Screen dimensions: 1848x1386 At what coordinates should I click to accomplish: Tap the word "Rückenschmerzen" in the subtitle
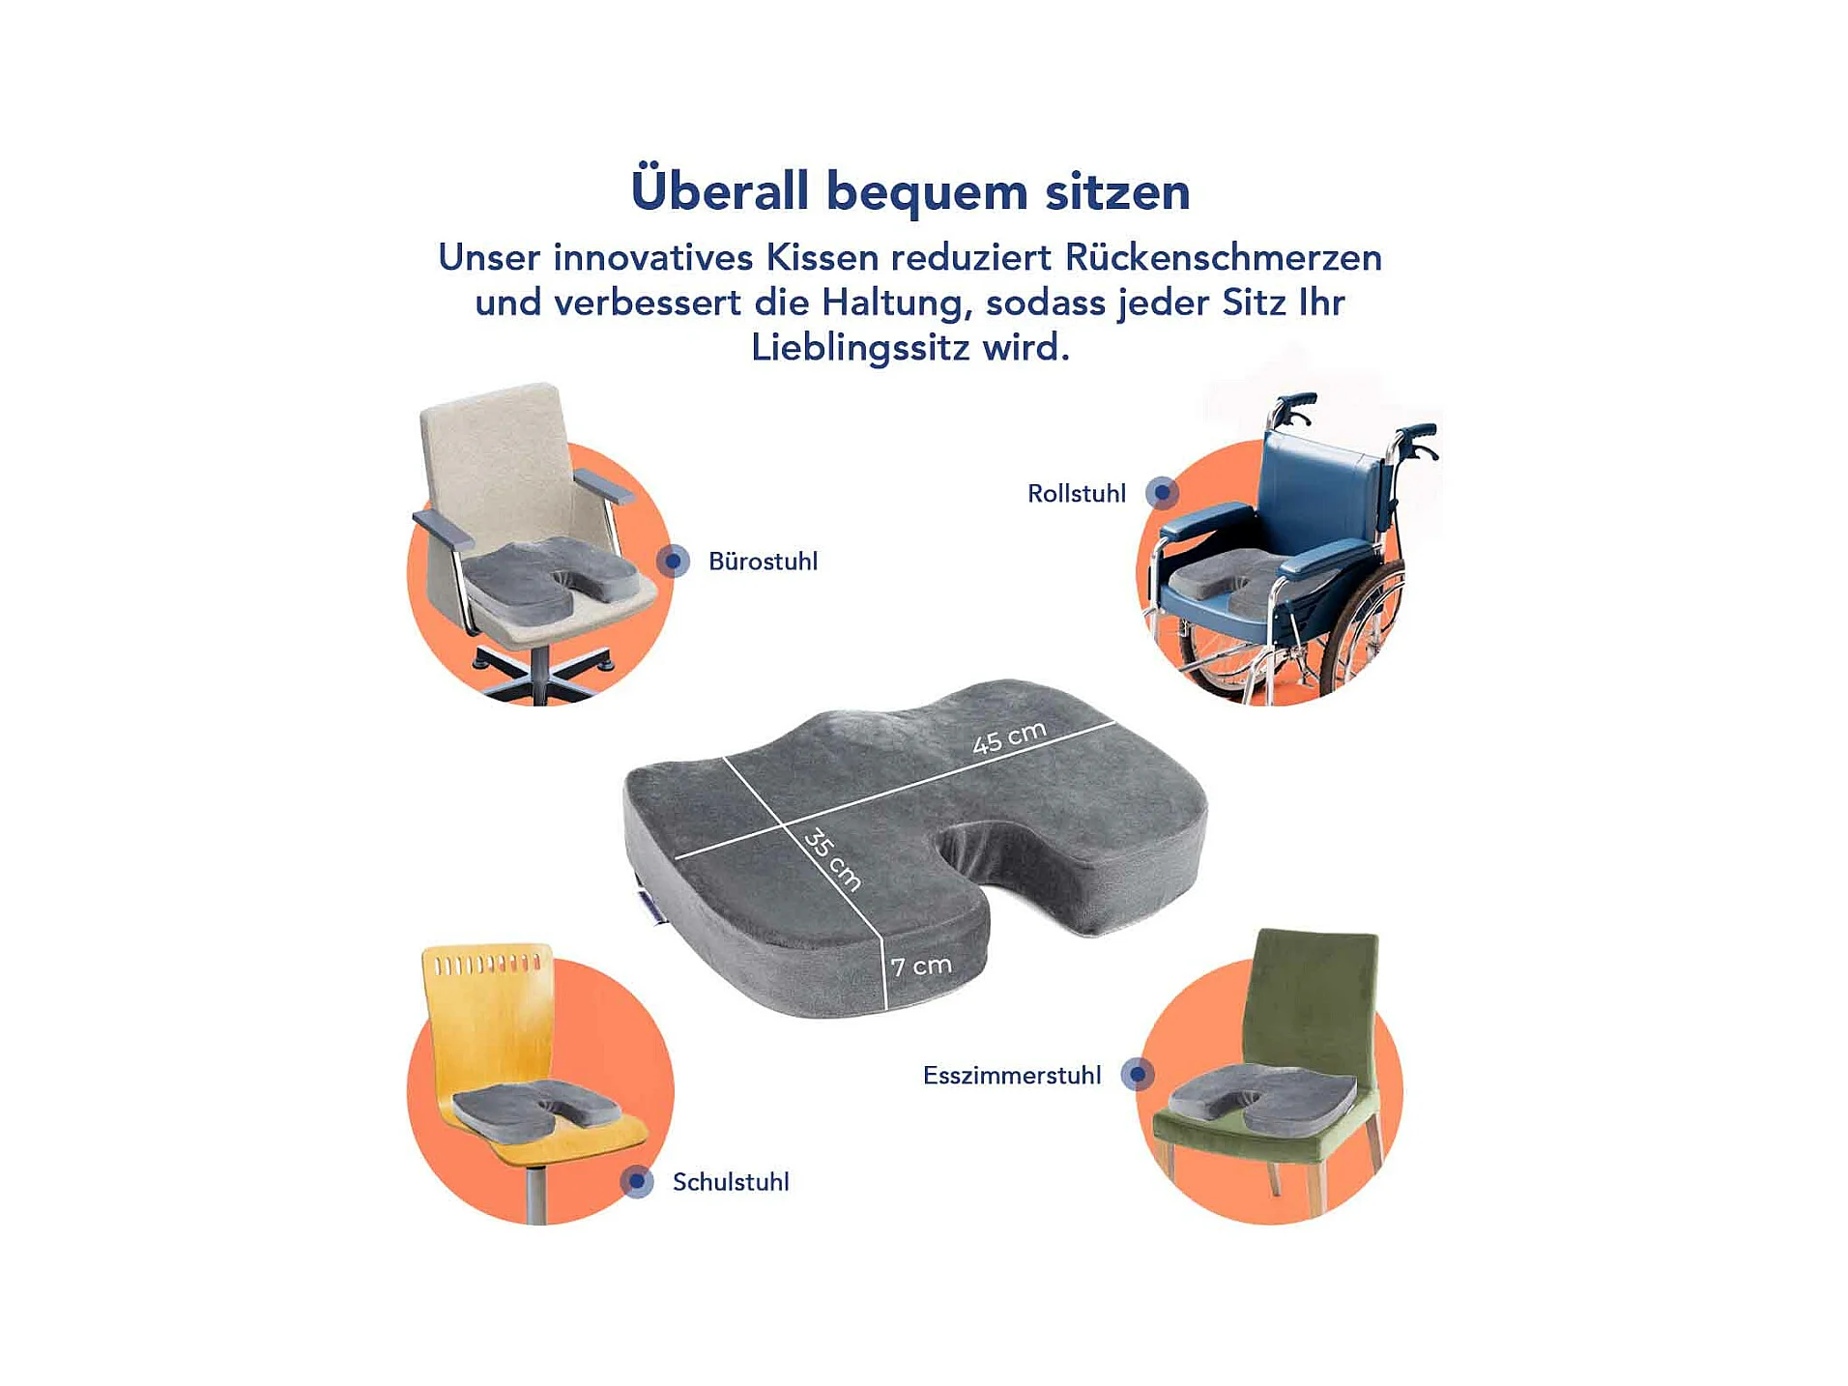pyautogui.click(x=1223, y=257)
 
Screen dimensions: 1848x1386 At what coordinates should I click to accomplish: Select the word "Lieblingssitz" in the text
pyautogui.click(x=860, y=347)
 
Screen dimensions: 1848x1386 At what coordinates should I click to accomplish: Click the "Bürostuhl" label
pyautogui.click(x=763, y=562)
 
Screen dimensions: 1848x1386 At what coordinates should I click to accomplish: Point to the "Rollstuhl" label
pyautogui.click(x=1077, y=494)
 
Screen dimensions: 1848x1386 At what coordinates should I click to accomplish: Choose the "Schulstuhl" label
pyautogui.click(x=731, y=1182)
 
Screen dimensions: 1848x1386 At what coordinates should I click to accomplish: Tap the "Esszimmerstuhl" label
pyautogui.click(x=1012, y=1076)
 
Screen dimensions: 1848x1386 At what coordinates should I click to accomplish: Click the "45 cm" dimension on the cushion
pyautogui.click(x=1009, y=737)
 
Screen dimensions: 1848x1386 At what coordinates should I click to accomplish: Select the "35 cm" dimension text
pyautogui.click(x=832, y=859)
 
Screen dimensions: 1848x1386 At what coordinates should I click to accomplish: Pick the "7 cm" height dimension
pyautogui.click(x=921, y=966)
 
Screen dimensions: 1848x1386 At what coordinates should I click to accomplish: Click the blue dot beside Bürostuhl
pyautogui.click(x=673, y=561)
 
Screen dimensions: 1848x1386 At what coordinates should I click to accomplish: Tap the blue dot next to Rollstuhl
pyautogui.click(x=1162, y=493)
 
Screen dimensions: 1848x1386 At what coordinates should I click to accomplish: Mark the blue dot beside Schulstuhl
pyautogui.click(x=637, y=1181)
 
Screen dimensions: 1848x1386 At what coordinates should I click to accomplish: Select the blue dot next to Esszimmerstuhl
pyautogui.click(x=1138, y=1074)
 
